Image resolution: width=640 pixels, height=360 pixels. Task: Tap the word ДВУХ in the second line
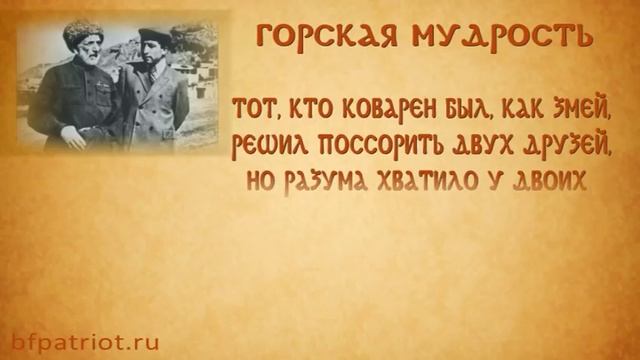pos(479,147)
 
